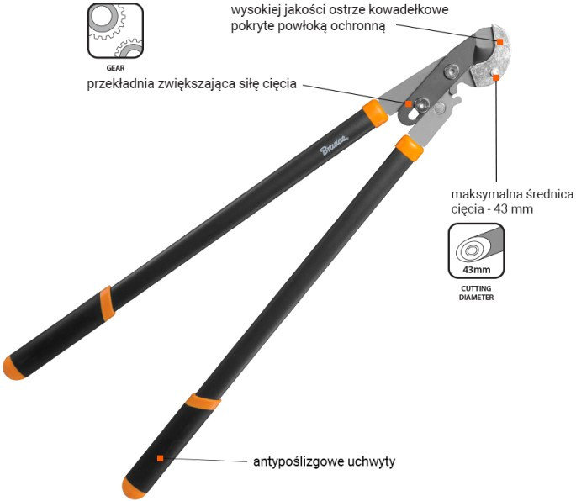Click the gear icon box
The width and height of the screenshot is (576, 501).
[x=115, y=30]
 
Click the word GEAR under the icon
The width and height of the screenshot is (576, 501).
[x=115, y=68]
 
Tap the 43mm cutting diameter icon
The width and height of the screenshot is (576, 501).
[x=476, y=250]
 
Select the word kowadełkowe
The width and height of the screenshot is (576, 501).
[x=409, y=9]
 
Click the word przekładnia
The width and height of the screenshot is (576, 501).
[x=120, y=84]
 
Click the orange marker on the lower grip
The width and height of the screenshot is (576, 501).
[x=160, y=458]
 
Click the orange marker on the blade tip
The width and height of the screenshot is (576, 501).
[x=500, y=42]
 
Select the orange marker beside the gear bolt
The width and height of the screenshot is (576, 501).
[x=409, y=103]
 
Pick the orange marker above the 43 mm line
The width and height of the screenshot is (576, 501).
[x=496, y=77]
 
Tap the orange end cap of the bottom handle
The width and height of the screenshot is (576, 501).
[x=133, y=488]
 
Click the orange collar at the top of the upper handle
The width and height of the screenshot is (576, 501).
[x=375, y=113]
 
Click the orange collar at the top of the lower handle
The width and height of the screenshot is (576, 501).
[x=410, y=149]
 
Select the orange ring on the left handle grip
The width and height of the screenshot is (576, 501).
[x=107, y=303]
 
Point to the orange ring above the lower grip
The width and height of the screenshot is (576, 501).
[x=203, y=402]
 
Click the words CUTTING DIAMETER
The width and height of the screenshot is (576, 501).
[x=476, y=293]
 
